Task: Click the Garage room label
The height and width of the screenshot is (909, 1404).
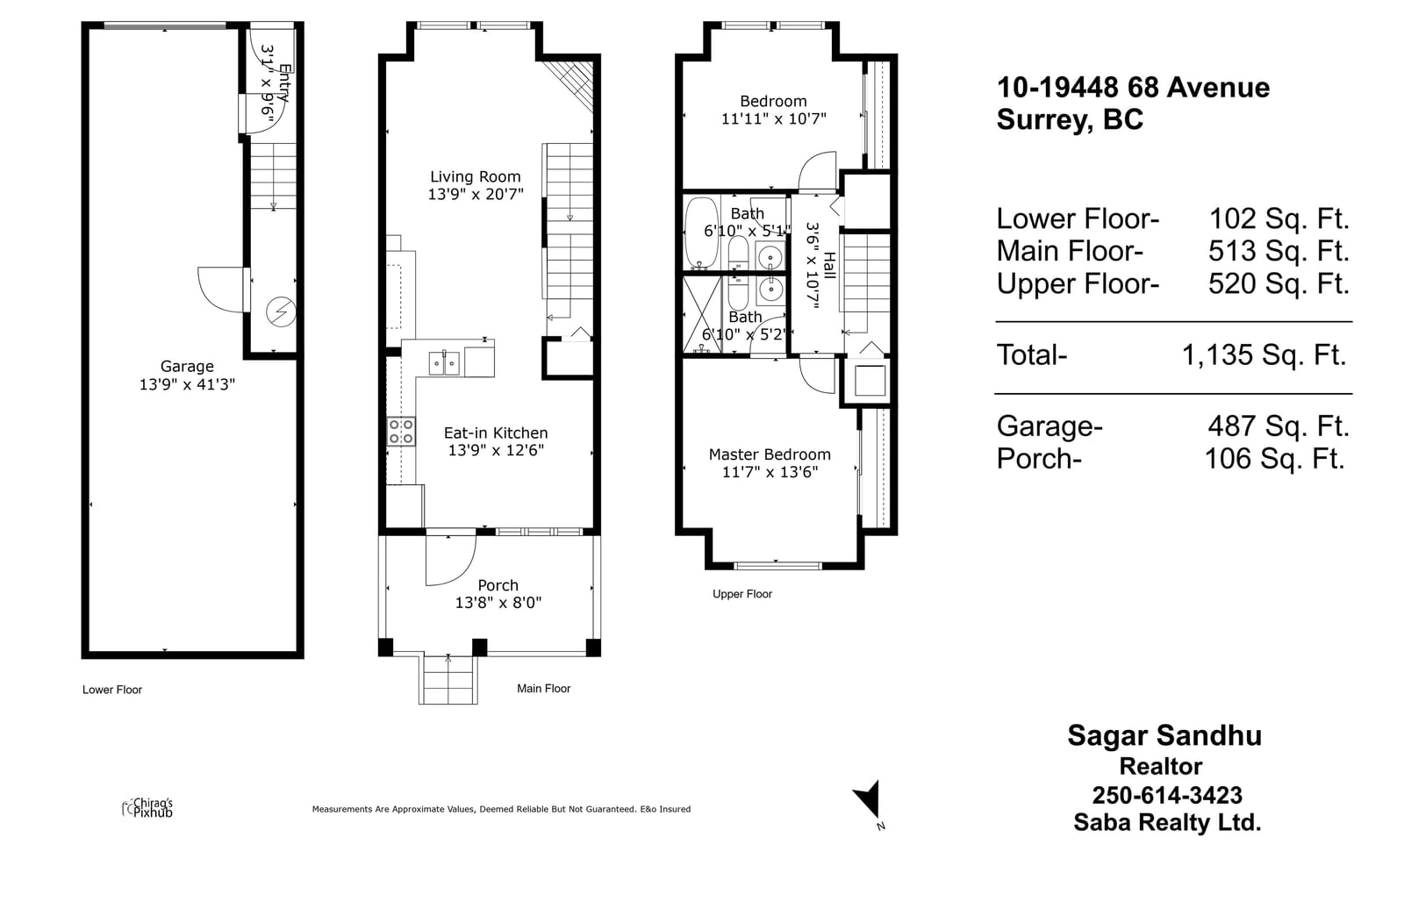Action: click(187, 366)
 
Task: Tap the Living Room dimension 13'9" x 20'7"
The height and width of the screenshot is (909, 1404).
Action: click(476, 194)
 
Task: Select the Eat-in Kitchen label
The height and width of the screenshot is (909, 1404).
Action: click(496, 433)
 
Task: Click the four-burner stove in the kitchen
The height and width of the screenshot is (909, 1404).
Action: click(401, 432)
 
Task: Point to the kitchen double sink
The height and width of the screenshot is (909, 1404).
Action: click(444, 363)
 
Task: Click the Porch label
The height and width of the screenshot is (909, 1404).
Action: click(498, 585)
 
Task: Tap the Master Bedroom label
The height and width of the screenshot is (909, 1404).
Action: click(770, 454)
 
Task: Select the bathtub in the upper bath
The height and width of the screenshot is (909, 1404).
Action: click(701, 233)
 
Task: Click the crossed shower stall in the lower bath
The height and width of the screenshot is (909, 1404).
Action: click(702, 315)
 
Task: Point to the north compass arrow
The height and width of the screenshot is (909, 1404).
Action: click(868, 800)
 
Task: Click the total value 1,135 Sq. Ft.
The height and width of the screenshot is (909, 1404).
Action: click(1264, 355)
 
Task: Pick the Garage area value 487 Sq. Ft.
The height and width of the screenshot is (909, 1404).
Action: click(1279, 426)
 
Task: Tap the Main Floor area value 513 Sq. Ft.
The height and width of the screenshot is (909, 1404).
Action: click(1279, 252)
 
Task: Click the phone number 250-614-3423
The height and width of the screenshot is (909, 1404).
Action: click(1167, 796)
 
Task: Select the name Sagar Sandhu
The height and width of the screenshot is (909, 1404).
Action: click(1164, 736)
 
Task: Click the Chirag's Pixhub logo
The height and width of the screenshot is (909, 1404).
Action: click(148, 808)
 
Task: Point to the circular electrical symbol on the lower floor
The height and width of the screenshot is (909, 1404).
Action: click(281, 311)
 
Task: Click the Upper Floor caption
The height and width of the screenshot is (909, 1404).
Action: click(742, 594)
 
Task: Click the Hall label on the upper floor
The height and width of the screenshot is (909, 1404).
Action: click(829, 266)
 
